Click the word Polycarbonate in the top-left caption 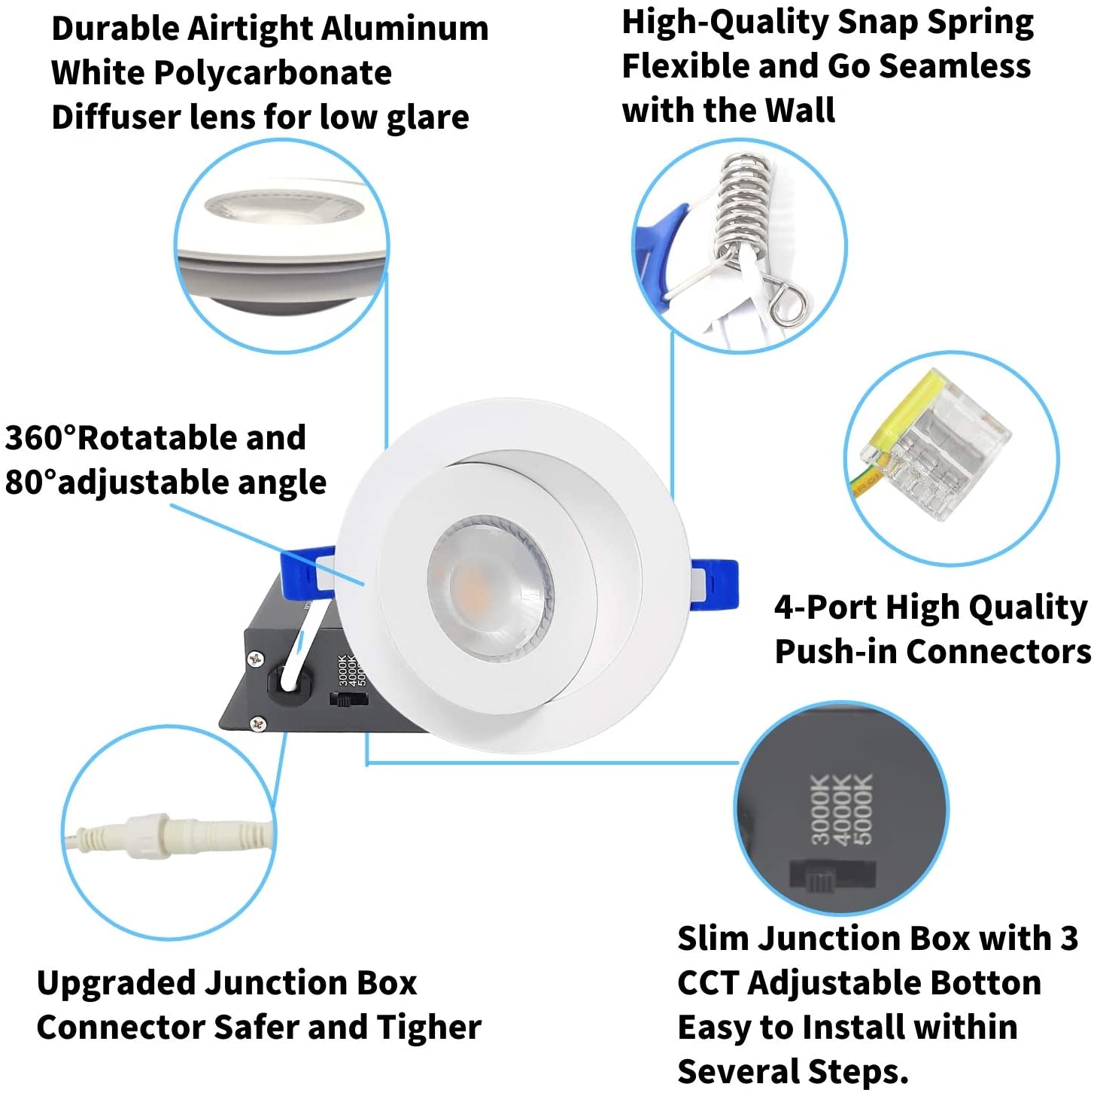click(272, 74)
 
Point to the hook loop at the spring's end click(788, 304)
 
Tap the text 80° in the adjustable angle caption click(31, 482)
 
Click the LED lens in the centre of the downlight click(490, 589)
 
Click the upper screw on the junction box click(256, 659)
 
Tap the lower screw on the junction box click(258, 724)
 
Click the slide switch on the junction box click(348, 699)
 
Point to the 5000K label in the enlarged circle click(863, 808)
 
